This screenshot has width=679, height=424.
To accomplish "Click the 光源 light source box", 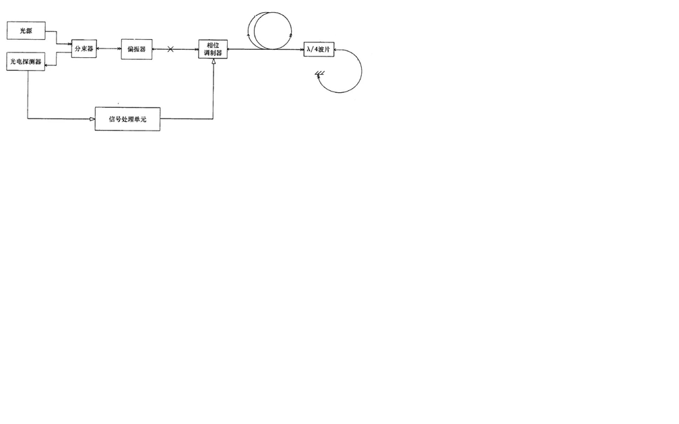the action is click(26, 31).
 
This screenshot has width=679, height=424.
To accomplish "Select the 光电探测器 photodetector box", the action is click(26, 62).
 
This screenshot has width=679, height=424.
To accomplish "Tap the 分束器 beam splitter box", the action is click(84, 49).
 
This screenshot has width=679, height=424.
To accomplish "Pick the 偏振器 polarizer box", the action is click(136, 49).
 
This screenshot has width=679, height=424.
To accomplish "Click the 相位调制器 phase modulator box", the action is click(213, 49).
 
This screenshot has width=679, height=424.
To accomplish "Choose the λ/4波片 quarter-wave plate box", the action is click(319, 50).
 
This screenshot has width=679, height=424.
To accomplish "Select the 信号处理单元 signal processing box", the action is click(127, 118).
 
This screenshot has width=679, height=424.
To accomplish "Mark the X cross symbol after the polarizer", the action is click(170, 49).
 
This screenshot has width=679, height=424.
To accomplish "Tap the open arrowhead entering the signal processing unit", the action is click(92, 119).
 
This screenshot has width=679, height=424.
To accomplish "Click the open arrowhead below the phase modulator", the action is click(213, 62).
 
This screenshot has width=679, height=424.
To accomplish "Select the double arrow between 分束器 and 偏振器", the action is click(108, 49).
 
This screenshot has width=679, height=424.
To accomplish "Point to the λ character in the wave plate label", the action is click(309, 50).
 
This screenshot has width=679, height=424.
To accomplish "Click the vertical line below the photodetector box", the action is click(28, 94).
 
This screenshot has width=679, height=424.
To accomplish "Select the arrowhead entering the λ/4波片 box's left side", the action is click(300, 49).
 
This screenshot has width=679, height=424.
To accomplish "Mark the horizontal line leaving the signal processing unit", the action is click(187, 119).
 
